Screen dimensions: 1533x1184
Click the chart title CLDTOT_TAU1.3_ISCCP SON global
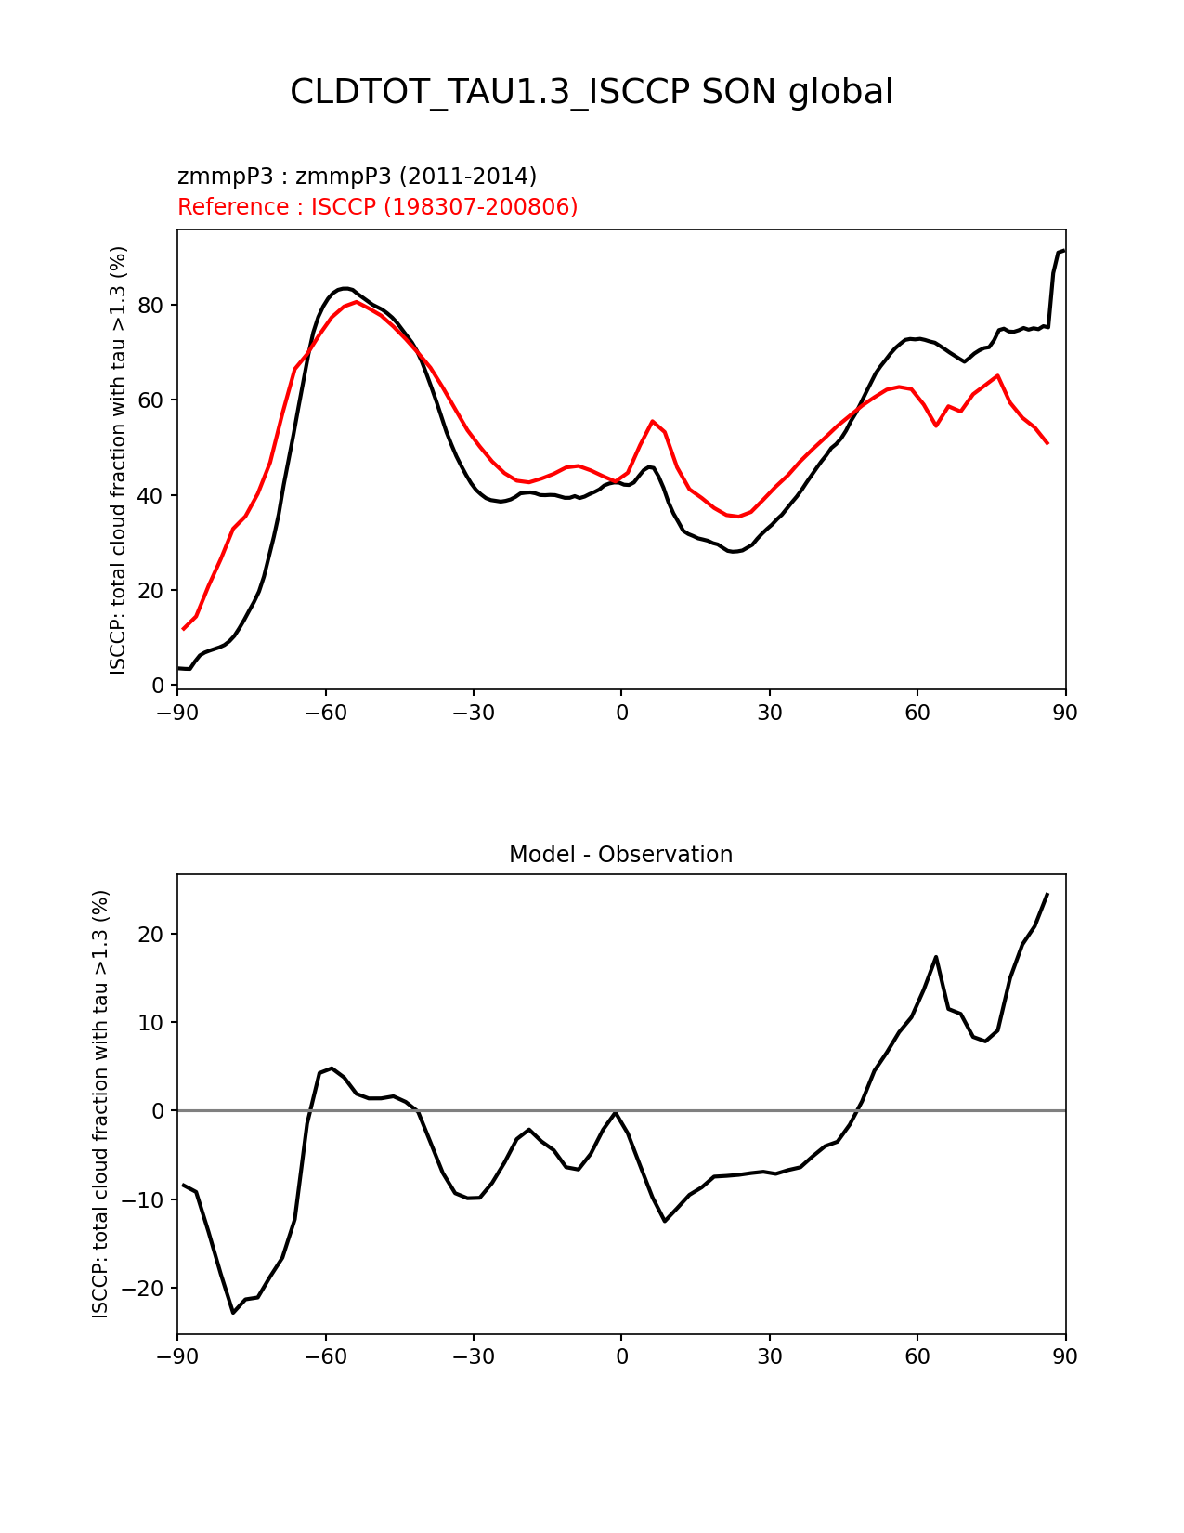point(592,92)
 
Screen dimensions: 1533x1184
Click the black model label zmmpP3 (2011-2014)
point(357,177)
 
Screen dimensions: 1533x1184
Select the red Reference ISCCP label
point(377,207)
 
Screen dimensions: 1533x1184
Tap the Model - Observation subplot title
point(620,855)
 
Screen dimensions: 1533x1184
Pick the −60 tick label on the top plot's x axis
point(325,713)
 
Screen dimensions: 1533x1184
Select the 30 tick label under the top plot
point(769,713)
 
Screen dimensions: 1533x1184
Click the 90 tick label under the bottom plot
point(1065,1356)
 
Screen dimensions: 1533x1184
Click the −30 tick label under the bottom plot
point(473,1356)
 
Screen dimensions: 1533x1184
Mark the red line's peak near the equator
point(653,421)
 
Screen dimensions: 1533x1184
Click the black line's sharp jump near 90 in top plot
point(1053,279)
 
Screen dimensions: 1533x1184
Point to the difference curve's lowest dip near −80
point(233,1312)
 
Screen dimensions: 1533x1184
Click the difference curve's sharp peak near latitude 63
point(936,957)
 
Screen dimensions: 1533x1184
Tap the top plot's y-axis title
point(118,460)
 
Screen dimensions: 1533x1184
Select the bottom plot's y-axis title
point(100,1103)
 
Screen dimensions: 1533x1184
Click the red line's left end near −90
point(184,629)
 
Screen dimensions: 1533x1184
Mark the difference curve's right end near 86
point(1047,894)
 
